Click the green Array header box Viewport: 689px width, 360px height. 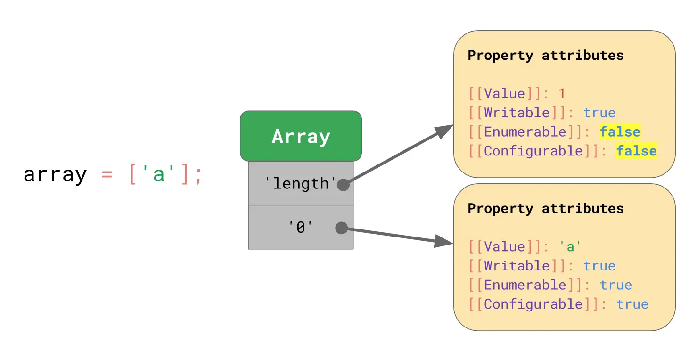(x=301, y=136)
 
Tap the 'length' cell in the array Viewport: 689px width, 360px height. (x=300, y=183)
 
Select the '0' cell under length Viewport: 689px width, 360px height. (x=300, y=228)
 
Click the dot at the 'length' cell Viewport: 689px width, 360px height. (x=343, y=185)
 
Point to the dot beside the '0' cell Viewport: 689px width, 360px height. (x=341, y=228)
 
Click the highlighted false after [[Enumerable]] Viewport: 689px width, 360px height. (x=620, y=132)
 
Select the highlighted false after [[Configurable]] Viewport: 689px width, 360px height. (x=636, y=151)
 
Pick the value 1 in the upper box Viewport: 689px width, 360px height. (x=562, y=93)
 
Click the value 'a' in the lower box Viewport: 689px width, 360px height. (x=570, y=246)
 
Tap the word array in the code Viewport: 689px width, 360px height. (x=55, y=175)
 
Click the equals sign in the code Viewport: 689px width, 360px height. (x=107, y=175)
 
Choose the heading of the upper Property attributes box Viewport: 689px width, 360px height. (x=545, y=56)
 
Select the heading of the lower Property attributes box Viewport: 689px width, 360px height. (x=545, y=209)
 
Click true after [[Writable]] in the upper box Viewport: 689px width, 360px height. (x=599, y=113)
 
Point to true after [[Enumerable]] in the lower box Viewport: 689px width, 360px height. (x=615, y=285)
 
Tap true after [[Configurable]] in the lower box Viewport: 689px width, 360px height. (x=632, y=304)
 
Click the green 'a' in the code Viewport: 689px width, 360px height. (x=158, y=175)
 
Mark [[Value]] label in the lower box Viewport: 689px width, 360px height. (x=505, y=246)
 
